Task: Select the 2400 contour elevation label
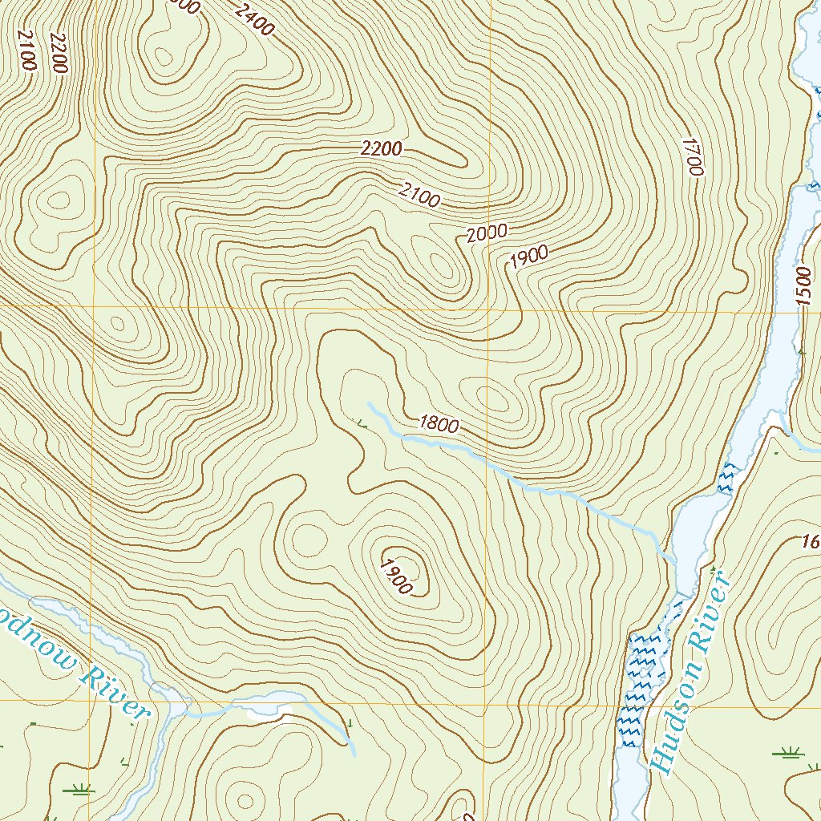255,20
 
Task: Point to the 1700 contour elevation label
692,156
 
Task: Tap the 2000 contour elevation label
487,233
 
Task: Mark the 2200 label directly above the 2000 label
382,148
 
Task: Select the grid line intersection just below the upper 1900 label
488,309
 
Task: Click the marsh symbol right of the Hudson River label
787,752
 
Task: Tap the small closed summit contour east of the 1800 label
491,398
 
